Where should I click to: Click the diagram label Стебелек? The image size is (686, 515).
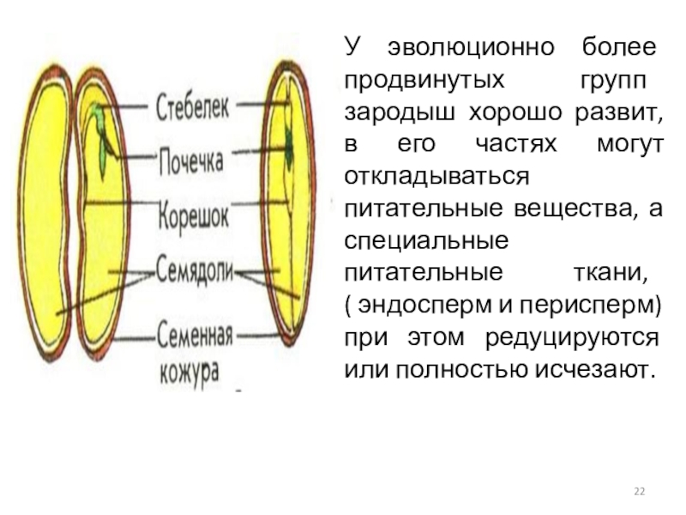[192, 109]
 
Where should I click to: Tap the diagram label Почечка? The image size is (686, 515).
[190, 161]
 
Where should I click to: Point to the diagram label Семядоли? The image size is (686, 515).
[195, 270]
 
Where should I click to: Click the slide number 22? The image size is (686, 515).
[639, 490]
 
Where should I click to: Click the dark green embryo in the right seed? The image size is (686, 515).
[289, 146]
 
